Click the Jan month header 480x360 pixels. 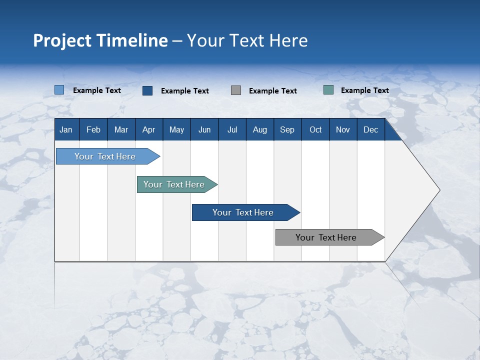tap(66, 130)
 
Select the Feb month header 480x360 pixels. tap(93, 130)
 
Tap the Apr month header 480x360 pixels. tap(149, 130)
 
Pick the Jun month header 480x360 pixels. tap(204, 130)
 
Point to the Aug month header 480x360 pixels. tap(260, 130)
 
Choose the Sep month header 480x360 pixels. tap(287, 130)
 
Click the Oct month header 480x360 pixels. tap(315, 130)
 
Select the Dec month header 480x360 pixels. tap(371, 130)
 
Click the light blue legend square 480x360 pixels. tap(59, 90)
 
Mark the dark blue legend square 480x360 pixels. tap(147, 90)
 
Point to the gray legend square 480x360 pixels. tap(236, 90)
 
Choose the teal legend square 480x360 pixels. tap(328, 90)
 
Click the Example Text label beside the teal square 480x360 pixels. tap(365, 90)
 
